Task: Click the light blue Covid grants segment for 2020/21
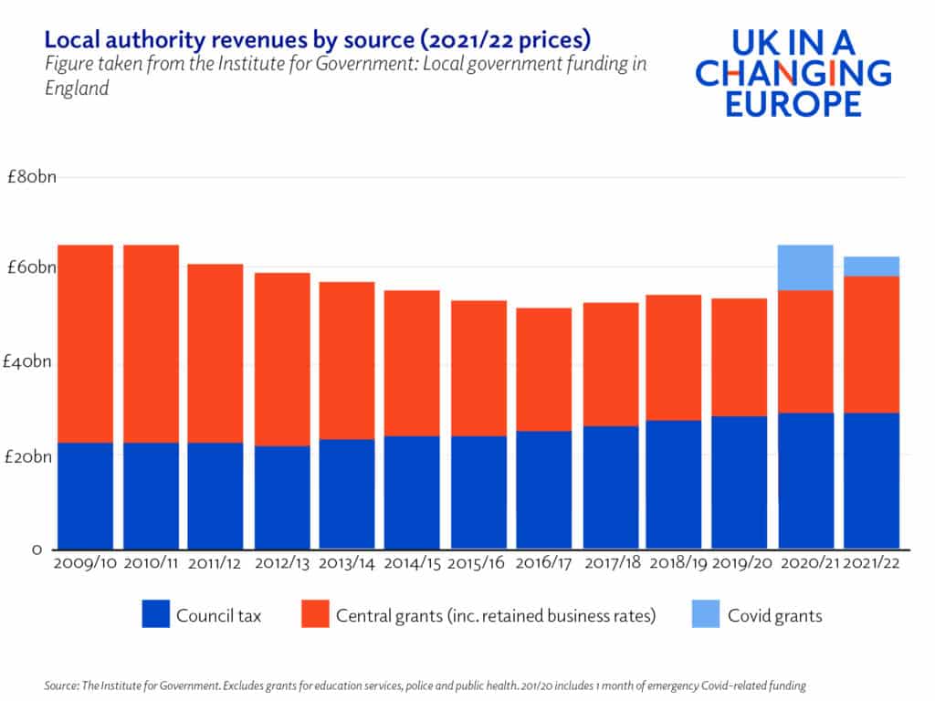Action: (805, 267)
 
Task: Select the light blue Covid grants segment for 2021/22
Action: (871, 266)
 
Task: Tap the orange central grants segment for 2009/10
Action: (86, 343)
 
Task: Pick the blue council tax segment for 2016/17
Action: (544, 489)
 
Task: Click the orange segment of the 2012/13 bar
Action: (282, 359)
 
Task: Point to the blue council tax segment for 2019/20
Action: (740, 482)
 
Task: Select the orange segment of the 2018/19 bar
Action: (674, 357)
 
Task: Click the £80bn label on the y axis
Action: (31, 177)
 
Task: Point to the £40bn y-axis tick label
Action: (31, 362)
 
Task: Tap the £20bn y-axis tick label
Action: (31, 456)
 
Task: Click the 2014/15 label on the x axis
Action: (413, 563)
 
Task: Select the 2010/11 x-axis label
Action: (152, 563)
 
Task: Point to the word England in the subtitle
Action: (77, 89)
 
